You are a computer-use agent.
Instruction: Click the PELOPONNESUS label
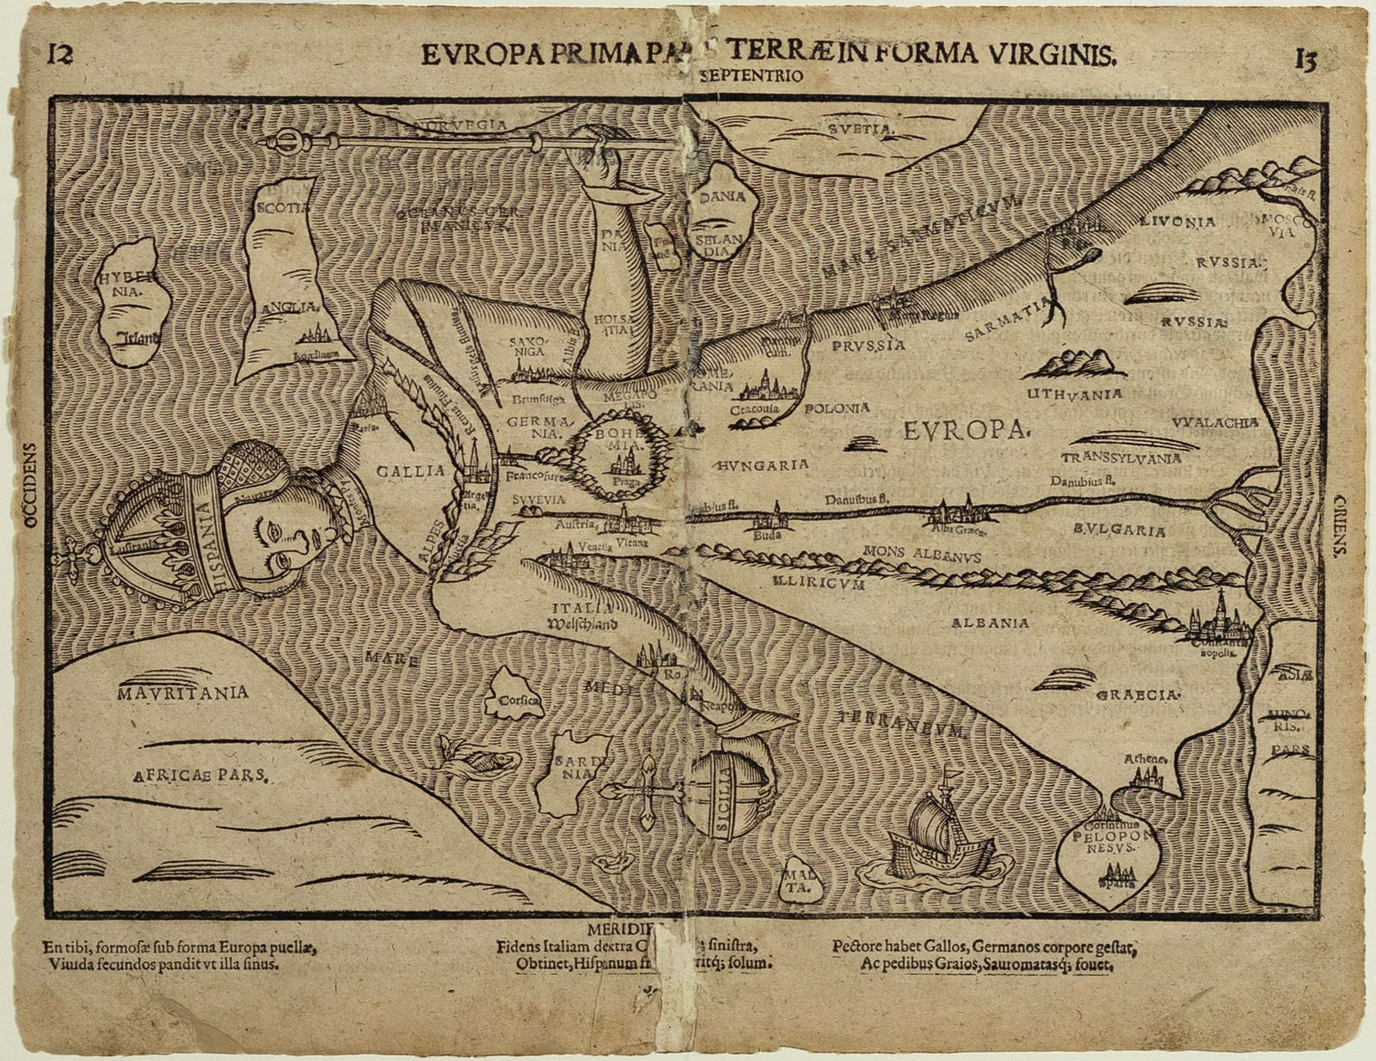point(1109,840)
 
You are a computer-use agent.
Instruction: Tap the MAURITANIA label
point(184,692)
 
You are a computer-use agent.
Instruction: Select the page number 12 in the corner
point(59,55)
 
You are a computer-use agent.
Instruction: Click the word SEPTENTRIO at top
point(752,76)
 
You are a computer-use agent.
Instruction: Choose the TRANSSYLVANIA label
point(1121,458)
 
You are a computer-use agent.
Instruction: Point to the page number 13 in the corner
point(1305,60)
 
